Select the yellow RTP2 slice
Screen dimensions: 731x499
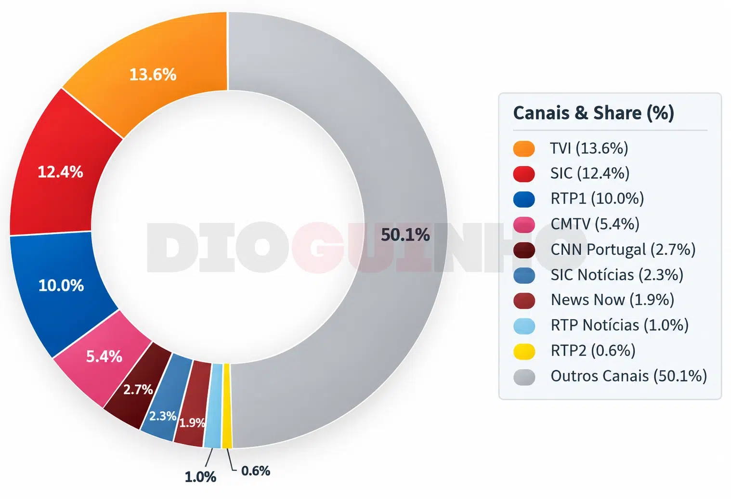coord(227,406)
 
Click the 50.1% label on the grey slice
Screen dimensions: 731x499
coord(405,235)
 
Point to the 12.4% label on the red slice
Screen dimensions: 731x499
coord(60,171)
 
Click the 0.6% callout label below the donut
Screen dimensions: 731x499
coord(256,471)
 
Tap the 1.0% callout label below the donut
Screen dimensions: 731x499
coord(200,477)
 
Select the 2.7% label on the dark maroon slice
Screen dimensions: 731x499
coord(138,389)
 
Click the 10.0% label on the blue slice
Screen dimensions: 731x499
coord(61,285)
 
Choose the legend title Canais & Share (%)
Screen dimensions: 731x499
coord(594,113)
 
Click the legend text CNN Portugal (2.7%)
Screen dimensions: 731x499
coord(623,249)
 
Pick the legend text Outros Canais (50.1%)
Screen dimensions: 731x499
coord(629,376)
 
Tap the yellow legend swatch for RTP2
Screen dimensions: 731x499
coord(524,352)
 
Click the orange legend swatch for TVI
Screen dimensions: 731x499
coord(524,149)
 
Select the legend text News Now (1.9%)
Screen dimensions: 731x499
coord(613,300)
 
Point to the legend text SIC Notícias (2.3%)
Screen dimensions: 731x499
coord(617,275)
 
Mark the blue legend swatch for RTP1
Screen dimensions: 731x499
coord(524,199)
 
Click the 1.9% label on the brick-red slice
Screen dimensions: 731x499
coord(192,422)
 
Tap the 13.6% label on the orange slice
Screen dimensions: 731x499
coord(153,74)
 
